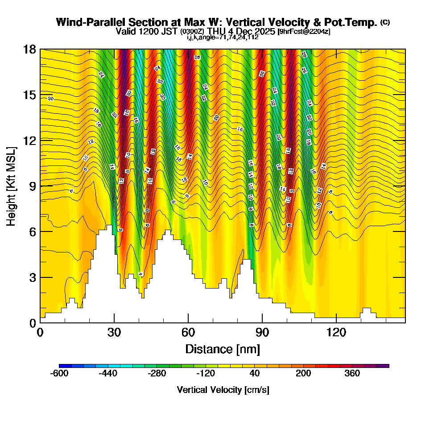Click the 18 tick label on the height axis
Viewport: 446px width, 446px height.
[x=29, y=49]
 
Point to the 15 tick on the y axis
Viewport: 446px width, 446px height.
[x=29, y=95]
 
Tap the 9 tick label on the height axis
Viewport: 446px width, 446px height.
[x=32, y=186]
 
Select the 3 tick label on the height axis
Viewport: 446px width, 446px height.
[x=32, y=277]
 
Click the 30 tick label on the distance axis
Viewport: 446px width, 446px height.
[x=114, y=332]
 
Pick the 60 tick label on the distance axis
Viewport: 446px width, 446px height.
[x=188, y=332]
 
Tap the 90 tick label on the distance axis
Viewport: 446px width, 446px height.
[x=262, y=332]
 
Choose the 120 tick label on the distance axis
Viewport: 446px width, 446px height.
[x=336, y=332]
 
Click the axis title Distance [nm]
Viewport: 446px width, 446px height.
[x=223, y=348]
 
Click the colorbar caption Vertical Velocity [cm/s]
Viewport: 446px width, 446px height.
[x=223, y=390]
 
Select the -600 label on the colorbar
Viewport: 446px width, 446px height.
[x=59, y=374]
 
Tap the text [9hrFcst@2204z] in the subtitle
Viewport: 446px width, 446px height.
[x=304, y=32]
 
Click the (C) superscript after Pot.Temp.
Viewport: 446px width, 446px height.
[x=385, y=22]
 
